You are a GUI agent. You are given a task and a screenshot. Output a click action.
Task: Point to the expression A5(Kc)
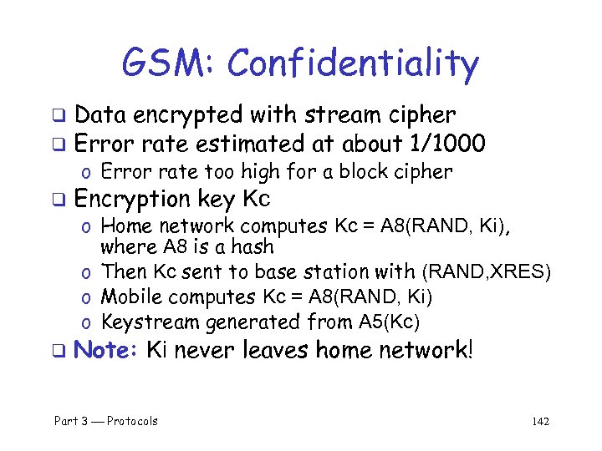pyautogui.click(x=389, y=322)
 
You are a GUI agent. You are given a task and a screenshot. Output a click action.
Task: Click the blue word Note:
pyautogui.click(x=105, y=349)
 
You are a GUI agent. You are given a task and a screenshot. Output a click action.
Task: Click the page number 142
pyautogui.click(x=540, y=421)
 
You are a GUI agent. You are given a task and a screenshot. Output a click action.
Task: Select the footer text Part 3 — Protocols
pyautogui.click(x=105, y=421)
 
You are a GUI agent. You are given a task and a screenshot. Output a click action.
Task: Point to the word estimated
pyautogui.click(x=260, y=144)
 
